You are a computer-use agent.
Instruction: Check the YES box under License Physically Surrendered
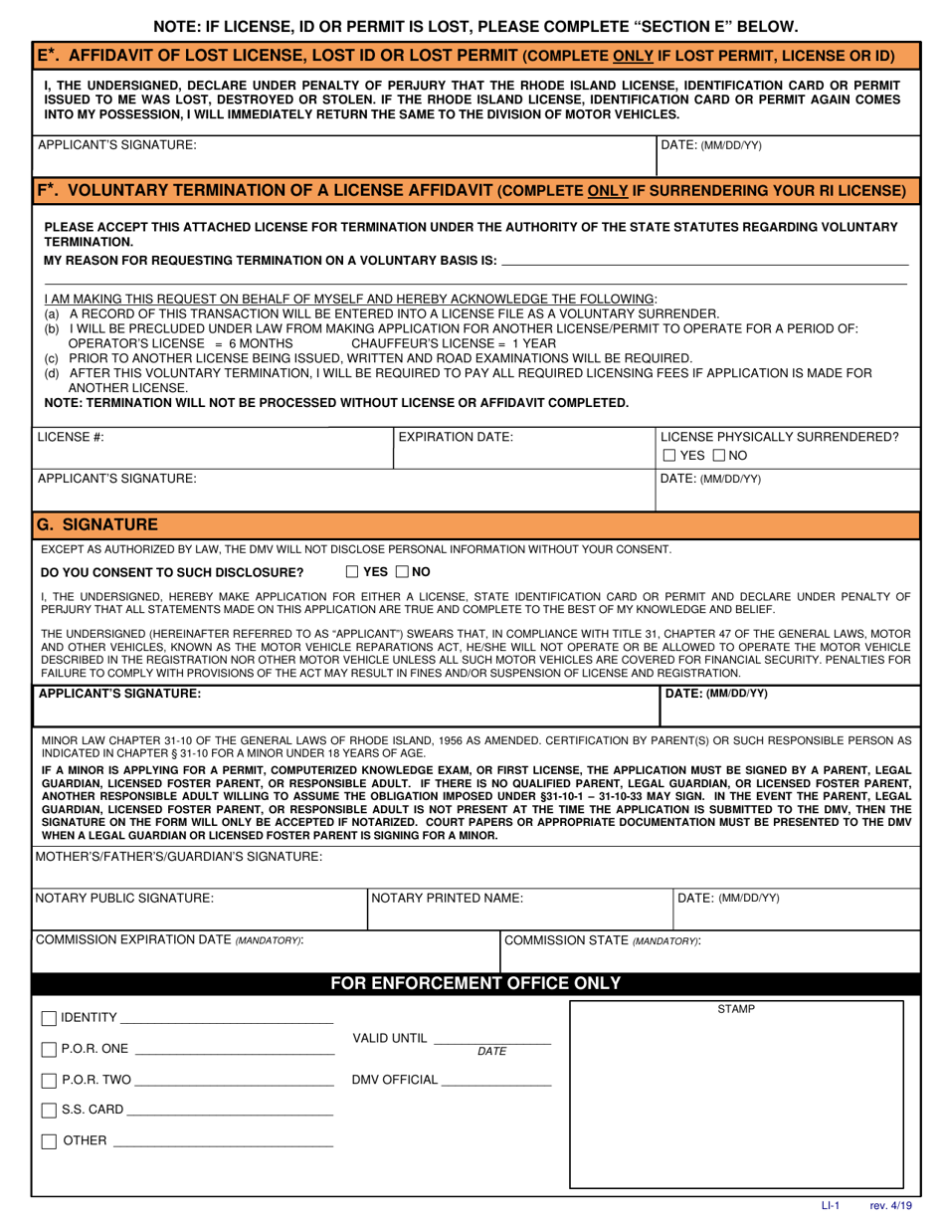(x=670, y=456)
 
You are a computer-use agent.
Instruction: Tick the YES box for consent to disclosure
(x=352, y=572)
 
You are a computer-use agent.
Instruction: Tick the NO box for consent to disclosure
(x=402, y=572)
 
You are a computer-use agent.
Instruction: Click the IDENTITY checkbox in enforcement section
(x=49, y=1019)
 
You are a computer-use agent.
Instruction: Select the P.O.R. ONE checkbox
(x=49, y=1050)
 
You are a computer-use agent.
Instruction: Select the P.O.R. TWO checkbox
(x=49, y=1081)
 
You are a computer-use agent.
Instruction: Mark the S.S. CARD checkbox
(x=49, y=1111)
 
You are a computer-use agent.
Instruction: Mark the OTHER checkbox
(x=49, y=1141)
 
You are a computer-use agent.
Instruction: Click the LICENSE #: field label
(x=71, y=437)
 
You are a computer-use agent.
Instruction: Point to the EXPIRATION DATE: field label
(x=456, y=437)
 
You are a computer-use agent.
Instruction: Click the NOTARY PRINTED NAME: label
(x=447, y=898)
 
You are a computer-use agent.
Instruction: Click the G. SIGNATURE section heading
(x=96, y=524)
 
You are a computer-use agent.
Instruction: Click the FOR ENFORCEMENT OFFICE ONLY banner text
(x=475, y=983)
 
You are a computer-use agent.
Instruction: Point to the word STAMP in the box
(x=736, y=1009)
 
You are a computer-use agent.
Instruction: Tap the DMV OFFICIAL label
(x=394, y=1081)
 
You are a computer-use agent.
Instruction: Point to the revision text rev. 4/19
(x=889, y=1206)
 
